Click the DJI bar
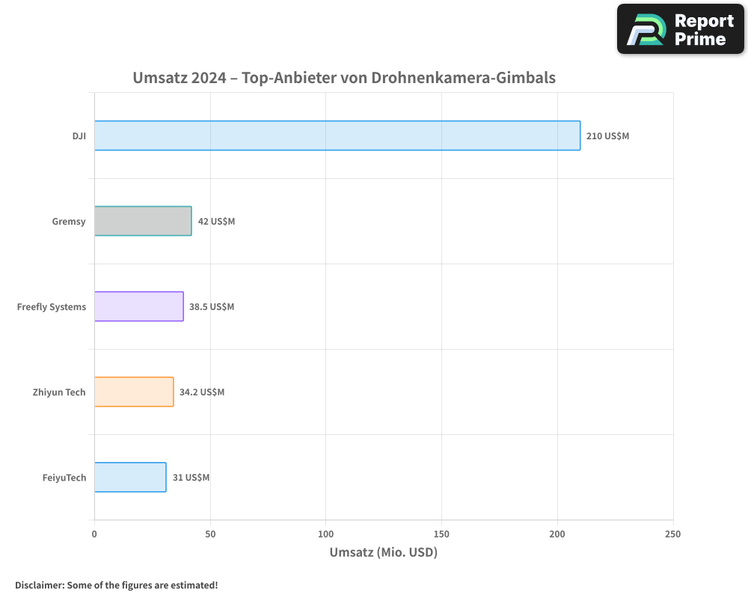click(337, 136)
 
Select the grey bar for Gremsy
click(143, 221)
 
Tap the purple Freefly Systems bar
click(138, 306)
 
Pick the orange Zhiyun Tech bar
click(134, 392)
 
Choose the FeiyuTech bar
click(130, 477)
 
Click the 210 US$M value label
click(607, 136)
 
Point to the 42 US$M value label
click(216, 222)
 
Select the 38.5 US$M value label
click(212, 307)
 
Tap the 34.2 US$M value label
click(202, 392)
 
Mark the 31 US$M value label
click(191, 478)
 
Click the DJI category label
click(79, 136)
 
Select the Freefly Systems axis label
click(52, 307)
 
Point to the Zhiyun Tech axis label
click(59, 392)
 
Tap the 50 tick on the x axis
click(210, 534)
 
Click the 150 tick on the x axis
click(441, 534)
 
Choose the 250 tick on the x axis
click(672, 534)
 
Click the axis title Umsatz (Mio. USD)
click(383, 553)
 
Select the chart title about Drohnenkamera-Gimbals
click(344, 77)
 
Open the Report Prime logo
click(680, 29)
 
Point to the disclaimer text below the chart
click(116, 585)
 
